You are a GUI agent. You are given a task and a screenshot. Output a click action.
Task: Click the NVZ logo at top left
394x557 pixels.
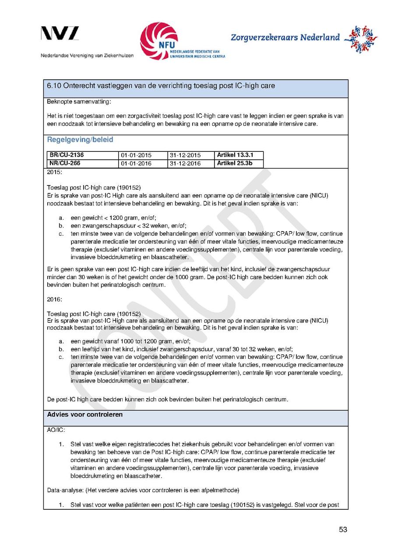[x=60, y=34]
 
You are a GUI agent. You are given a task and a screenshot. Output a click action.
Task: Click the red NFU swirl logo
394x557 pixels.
[x=158, y=40]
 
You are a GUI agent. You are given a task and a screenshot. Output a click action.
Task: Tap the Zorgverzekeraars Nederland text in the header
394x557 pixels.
[x=285, y=38]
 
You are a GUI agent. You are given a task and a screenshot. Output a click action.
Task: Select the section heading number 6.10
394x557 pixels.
[x=54, y=86]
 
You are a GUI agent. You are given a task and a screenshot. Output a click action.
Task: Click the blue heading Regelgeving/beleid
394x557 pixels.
[x=80, y=140]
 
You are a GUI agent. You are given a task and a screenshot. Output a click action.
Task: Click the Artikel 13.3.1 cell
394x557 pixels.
[x=235, y=155]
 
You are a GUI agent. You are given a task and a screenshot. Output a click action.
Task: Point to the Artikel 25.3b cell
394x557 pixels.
[x=235, y=163]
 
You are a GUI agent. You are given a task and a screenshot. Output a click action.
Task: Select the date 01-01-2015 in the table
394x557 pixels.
[x=136, y=156]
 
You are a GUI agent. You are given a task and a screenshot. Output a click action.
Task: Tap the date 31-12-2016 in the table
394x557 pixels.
[x=185, y=164]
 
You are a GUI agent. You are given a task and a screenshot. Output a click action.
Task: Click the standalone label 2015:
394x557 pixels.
[x=54, y=172]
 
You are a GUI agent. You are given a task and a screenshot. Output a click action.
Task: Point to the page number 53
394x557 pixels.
[x=343, y=530]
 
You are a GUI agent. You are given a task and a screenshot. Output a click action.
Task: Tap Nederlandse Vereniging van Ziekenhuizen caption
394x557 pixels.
[x=87, y=56]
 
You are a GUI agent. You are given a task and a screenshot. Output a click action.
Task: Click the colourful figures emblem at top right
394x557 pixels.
[x=361, y=39]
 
